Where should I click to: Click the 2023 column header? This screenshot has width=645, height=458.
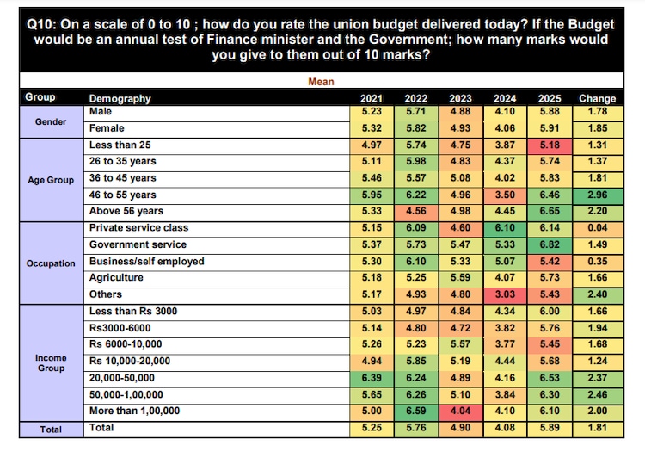click(462, 98)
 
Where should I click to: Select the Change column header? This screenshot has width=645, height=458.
click(597, 98)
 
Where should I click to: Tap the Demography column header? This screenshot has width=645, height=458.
click(120, 98)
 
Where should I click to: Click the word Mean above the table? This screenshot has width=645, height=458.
click(321, 82)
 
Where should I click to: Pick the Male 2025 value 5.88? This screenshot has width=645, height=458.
click(550, 111)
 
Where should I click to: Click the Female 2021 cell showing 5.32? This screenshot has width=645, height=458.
click(372, 128)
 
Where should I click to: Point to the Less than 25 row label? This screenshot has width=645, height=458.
click(120, 145)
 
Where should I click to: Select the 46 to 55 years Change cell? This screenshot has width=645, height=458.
click(597, 195)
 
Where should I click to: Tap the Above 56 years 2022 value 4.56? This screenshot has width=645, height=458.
click(416, 211)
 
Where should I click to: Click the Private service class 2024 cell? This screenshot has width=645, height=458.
click(506, 228)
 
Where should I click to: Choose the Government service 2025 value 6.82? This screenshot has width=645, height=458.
click(550, 244)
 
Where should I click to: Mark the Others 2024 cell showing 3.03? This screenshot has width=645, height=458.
click(506, 294)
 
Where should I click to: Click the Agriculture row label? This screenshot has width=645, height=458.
click(116, 278)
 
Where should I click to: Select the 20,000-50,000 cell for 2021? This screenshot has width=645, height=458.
click(372, 378)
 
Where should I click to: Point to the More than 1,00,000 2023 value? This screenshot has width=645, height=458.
click(462, 411)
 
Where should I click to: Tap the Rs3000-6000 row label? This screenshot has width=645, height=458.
click(121, 328)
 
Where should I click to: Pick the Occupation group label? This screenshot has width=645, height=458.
click(51, 263)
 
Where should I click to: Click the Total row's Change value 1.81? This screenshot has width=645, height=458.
click(597, 428)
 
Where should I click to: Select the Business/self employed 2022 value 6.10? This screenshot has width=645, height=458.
click(416, 261)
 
